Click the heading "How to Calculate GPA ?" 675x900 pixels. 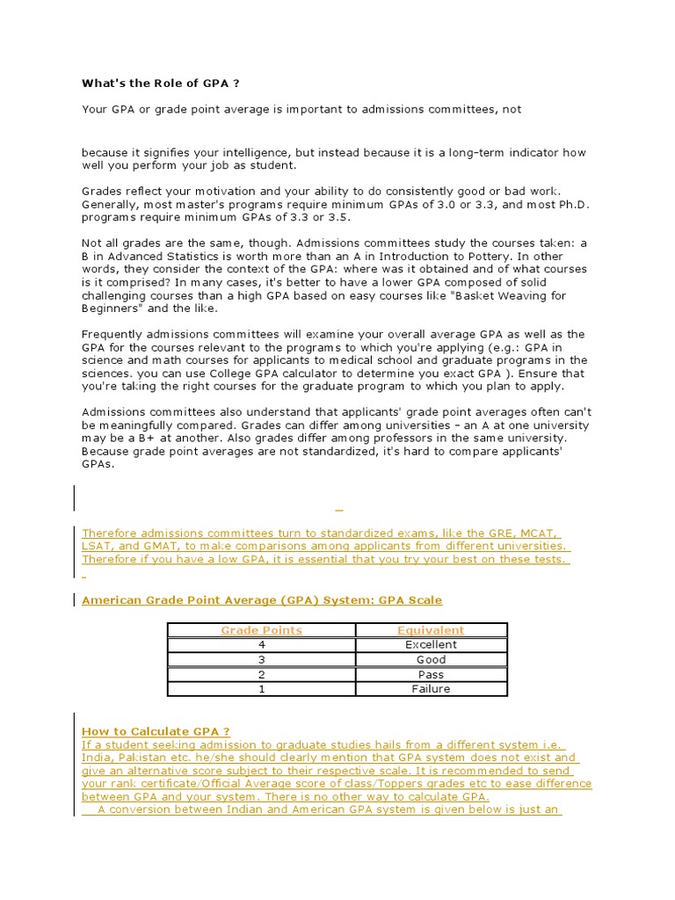[156, 731]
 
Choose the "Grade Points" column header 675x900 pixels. [261, 630]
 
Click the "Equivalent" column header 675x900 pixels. [431, 630]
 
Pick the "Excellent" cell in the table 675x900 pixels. [431, 644]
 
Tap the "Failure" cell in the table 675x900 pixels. [431, 689]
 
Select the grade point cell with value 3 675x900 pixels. [261, 659]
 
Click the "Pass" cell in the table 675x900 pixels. [431, 674]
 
